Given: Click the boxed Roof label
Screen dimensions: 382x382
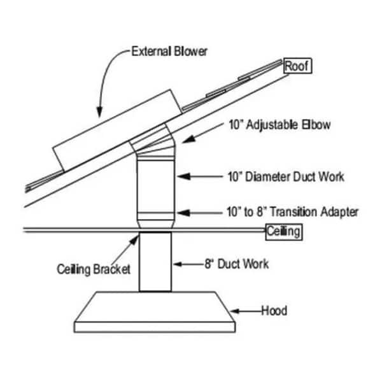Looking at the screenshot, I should [x=295, y=66].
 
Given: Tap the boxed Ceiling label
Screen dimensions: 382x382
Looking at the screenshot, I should [x=283, y=232].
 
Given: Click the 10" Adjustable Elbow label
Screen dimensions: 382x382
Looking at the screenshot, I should [x=278, y=125].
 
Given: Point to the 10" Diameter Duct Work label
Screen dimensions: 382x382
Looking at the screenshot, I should [x=285, y=176].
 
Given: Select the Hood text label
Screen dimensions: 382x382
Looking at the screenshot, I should [x=274, y=311].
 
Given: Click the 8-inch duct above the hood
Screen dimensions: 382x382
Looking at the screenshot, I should [x=155, y=261].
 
